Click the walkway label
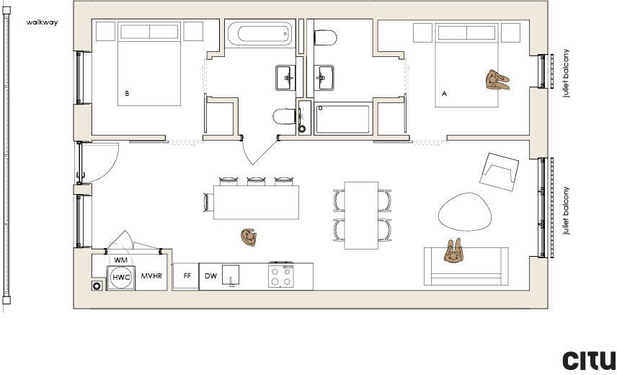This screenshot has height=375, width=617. tap(42, 22)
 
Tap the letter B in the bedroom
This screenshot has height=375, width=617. tap(127, 93)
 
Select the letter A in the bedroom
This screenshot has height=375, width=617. tap(444, 93)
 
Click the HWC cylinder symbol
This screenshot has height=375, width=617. tap(121, 277)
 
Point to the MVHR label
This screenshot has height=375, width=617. tap(151, 276)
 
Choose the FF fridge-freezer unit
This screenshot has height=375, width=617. tap(187, 276)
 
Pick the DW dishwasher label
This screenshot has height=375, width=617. tap(210, 276)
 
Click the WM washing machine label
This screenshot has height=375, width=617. tap(120, 260)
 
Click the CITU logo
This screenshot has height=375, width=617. tap(589, 360)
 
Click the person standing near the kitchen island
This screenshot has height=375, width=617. tap(249, 237)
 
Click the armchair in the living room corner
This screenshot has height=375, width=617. tap(500, 170)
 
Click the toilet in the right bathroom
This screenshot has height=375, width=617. tap(327, 37)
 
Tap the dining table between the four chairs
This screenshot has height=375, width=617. tap(361, 215)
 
